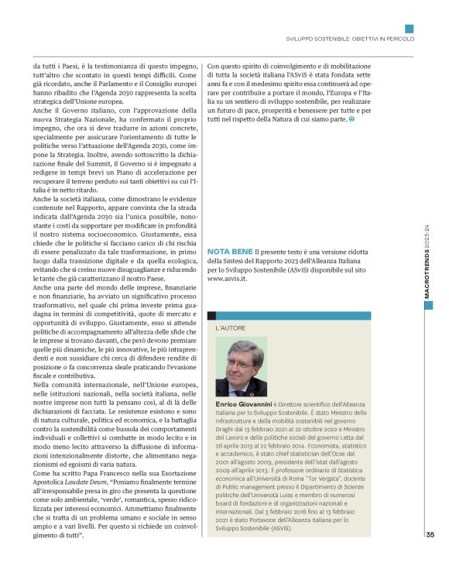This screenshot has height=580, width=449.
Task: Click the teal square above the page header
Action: [x=410, y=28]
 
